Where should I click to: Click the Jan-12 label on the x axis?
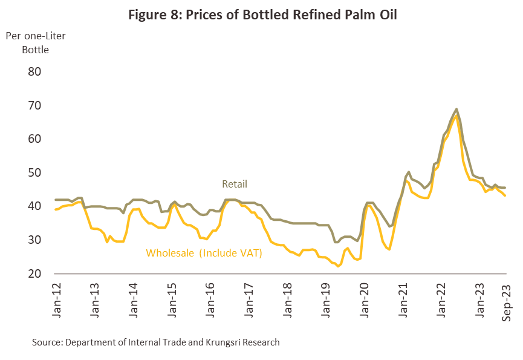[56, 301]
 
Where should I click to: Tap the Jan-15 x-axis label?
[171, 301]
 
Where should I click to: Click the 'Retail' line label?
[235, 184]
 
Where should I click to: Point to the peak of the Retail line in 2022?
[456, 110]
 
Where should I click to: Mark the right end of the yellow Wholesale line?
[505, 195]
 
